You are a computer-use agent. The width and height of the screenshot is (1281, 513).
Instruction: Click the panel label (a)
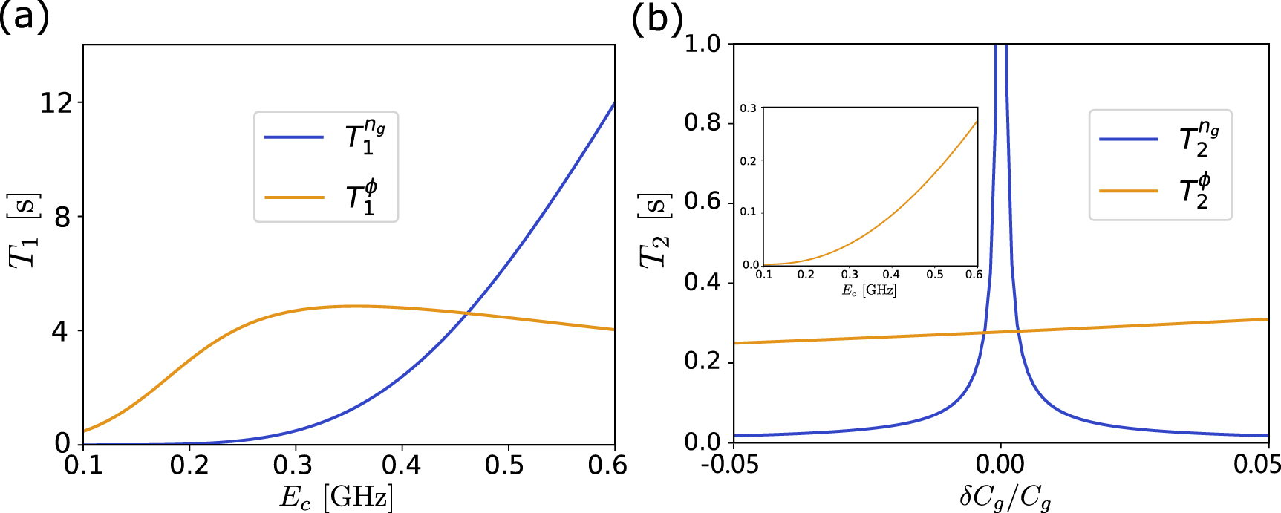(x=25, y=16)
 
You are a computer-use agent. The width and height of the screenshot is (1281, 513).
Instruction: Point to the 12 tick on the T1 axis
(x=56, y=102)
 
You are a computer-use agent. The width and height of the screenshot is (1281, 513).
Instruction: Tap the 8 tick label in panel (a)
(x=62, y=217)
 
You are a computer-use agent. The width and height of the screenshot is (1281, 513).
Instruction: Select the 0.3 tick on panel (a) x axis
(x=296, y=465)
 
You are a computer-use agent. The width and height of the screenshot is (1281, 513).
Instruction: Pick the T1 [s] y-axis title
(x=24, y=229)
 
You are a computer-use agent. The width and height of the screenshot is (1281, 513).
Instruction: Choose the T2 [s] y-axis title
(x=654, y=229)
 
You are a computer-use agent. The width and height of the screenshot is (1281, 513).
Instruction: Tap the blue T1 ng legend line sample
(x=294, y=137)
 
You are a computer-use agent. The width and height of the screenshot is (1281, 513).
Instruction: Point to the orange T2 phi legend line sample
(x=1129, y=191)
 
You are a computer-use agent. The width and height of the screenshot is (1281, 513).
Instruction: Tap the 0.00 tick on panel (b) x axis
(x=1000, y=465)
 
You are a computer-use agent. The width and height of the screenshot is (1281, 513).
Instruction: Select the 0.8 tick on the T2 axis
(x=703, y=122)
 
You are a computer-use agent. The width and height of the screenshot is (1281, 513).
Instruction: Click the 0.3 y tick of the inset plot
(x=748, y=109)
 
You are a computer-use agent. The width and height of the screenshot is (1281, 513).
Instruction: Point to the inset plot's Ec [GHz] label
(x=869, y=290)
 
